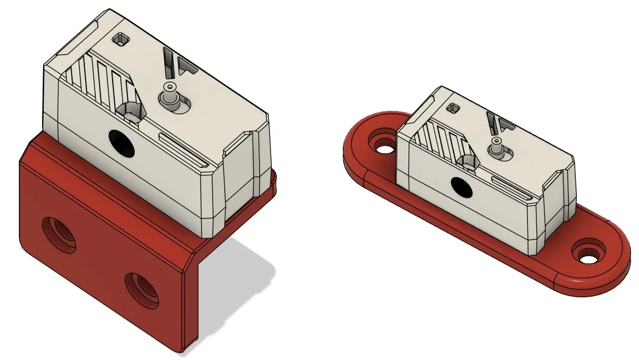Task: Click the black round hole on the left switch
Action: click(122, 143)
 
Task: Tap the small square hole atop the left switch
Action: click(122, 38)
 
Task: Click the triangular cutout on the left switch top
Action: click(186, 66)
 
